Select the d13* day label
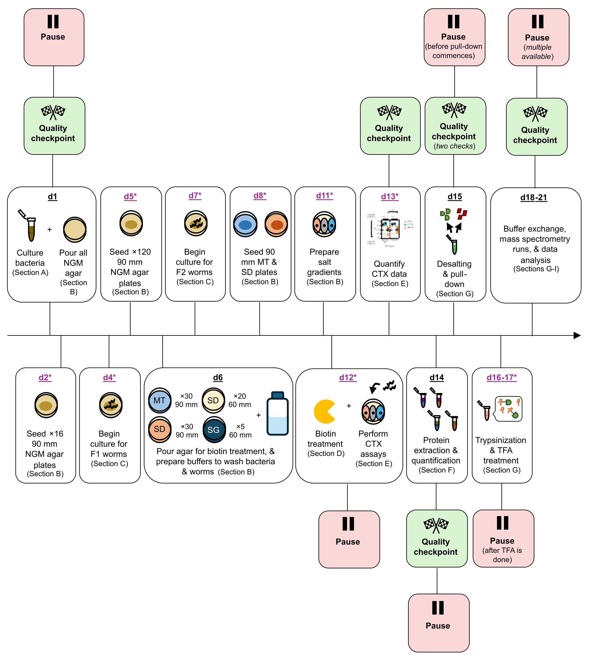point(390,196)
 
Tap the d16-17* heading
point(501,377)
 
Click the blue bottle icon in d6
point(277,413)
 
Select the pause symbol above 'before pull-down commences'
point(454,22)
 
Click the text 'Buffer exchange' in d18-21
point(534,229)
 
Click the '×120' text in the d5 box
point(141,252)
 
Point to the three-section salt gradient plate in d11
point(324,224)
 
